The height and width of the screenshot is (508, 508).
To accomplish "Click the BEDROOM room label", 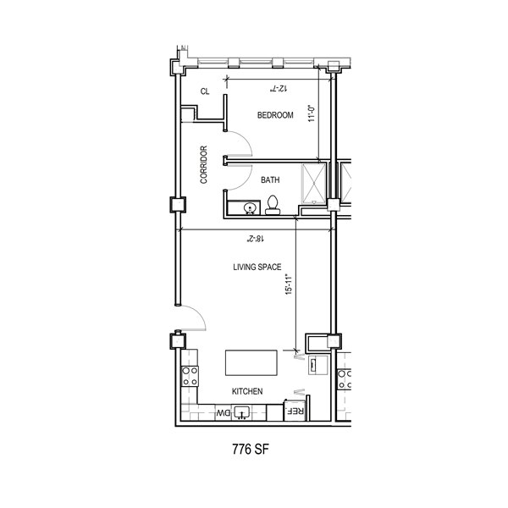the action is [x=275, y=115].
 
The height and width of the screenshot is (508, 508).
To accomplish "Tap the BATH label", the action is [x=270, y=179].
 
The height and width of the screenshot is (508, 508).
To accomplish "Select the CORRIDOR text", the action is [x=203, y=164].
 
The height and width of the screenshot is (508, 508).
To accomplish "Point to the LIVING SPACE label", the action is [x=257, y=267].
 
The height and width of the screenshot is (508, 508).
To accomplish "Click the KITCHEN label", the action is [x=247, y=391].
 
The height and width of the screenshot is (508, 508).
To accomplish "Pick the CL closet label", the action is [x=205, y=91].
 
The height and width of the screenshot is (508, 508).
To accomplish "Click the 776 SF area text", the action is [x=251, y=450].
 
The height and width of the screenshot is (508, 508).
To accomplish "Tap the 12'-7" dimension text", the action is [x=279, y=88].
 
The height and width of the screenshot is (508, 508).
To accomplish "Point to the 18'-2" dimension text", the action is [x=256, y=239].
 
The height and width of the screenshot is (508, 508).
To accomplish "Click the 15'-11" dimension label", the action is [x=289, y=284].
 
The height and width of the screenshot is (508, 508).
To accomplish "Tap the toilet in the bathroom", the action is [x=273, y=205].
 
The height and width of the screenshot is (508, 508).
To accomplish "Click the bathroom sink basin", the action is [x=250, y=207].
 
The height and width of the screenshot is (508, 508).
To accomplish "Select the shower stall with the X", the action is [x=313, y=184].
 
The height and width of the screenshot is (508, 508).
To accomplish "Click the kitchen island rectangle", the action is [x=251, y=362].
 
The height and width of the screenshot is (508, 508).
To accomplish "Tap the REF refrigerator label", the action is [x=295, y=411].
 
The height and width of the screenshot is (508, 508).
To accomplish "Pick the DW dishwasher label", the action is [x=224, y=413].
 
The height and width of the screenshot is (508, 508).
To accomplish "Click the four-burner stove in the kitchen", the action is [x=190, y=376].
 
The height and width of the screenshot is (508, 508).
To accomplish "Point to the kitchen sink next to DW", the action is [x=241, y=413].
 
